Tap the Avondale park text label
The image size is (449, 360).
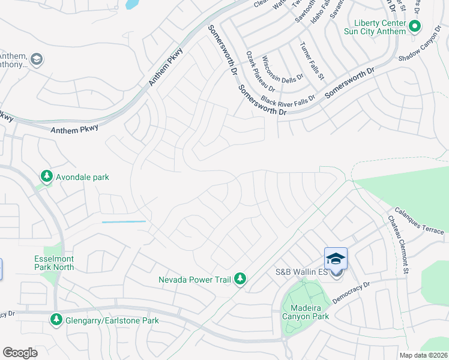tap(83, 178)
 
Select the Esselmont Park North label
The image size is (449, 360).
tap(53, 263)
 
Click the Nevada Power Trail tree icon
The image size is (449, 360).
tap(240, 278)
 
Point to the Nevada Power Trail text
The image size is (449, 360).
tap(194, 280)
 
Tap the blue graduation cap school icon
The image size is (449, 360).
tap(336, 259)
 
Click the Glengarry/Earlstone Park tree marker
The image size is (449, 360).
tap(56, 319)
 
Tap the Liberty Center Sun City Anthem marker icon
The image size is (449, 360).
tap(415, 26)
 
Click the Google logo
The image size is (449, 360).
tap(20, 353)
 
